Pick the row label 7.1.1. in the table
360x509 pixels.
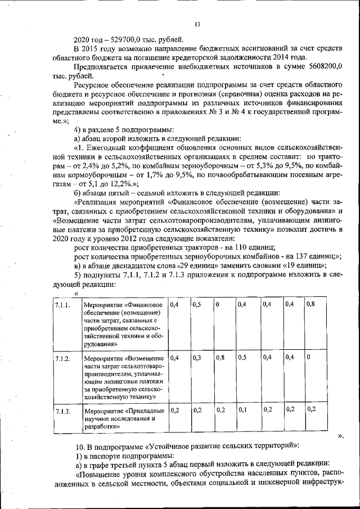click(x=62, y=305)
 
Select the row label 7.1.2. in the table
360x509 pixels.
click(x=62, y=358)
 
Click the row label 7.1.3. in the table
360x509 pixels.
click(x=62, y=411)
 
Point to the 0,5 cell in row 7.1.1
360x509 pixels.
click(x=197, y=304)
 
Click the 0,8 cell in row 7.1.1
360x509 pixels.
click(x=310, y=304)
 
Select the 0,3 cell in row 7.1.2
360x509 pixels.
click(x=197, y=357)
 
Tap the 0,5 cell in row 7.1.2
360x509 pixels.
click(x=242, y=357)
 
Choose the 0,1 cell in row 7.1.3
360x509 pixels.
click(x=242, y=410)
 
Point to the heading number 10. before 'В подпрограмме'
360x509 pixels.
click(x=80, y=445)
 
